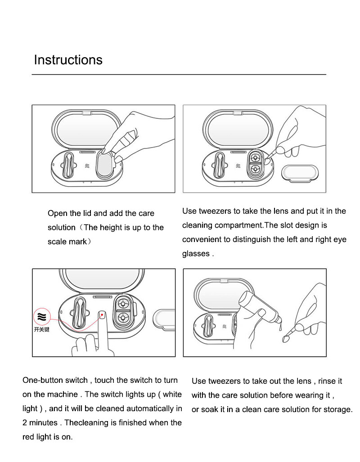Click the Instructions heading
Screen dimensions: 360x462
point(68,60)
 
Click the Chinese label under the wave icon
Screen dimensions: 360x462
point(41,329)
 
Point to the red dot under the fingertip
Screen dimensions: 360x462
point(102,315)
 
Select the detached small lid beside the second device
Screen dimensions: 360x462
point(300,172)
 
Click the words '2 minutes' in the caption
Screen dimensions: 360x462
point(40,422)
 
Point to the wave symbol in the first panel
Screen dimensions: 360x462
point(87,166)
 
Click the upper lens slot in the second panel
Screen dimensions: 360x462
point(255,157)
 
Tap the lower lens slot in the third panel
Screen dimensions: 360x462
point(122,318)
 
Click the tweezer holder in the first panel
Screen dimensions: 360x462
point(68,165)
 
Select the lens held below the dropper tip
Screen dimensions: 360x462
point(285,339)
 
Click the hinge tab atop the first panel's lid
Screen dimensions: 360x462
point(87,113)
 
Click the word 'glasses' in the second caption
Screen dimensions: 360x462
point(196,254)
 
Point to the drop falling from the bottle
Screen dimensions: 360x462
point(280,327)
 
